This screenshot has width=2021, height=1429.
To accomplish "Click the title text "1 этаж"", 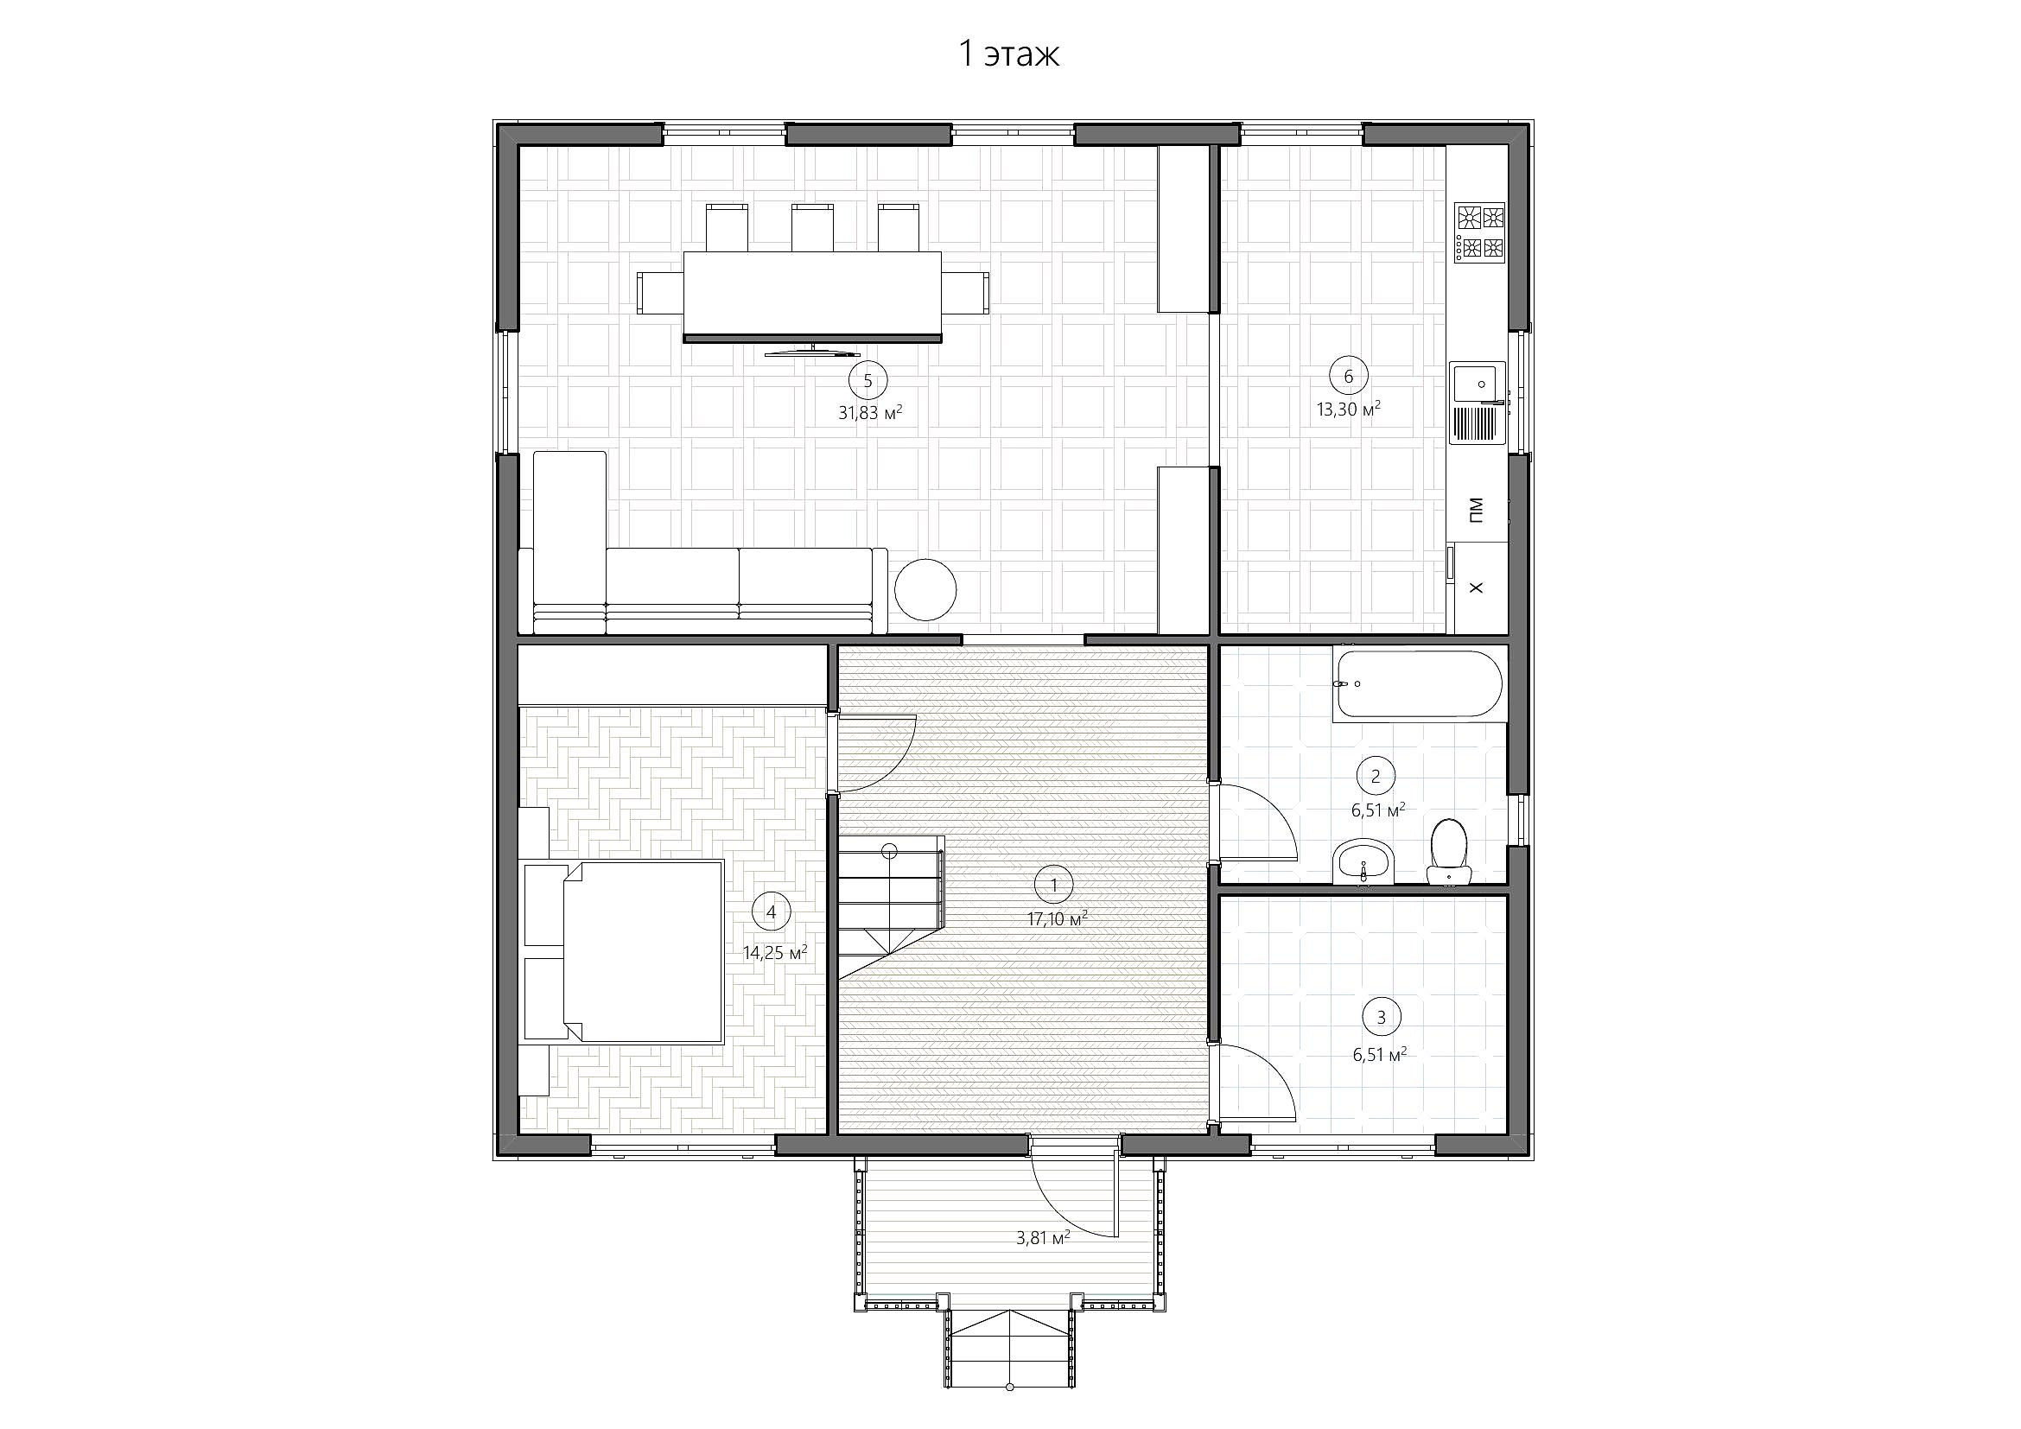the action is pyautogui.click(x=1008, y=54).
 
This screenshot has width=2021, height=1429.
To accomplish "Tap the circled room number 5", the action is pyautogui.click(x=868, y=381).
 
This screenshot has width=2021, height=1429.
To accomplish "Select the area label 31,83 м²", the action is pyautogui.click(x=871, y=413).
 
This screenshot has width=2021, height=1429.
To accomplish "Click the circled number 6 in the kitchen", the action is pyautogui.click(x=1349, y=377).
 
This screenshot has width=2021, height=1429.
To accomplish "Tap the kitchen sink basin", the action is pyautogui.click(x=1477, y=384).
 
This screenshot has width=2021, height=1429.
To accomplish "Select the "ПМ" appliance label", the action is pyautogui.click(x=1476, y=510).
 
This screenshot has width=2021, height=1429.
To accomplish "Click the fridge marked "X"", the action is pyautogui.click(x=1478, y=587).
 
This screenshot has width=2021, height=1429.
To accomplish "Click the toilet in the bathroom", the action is pyautogui.click(x=1449, y=851).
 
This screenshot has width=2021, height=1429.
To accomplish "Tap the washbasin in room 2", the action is pyautogui.click(x=1363, y=861).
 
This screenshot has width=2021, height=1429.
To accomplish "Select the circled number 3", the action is pyautogui.click(x=1381, y=1017).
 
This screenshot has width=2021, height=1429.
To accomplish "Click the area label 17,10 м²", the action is pyautogui.click(x=1057, y=919).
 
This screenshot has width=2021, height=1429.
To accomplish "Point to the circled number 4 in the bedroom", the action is pyautogui.click(x=772, y=912).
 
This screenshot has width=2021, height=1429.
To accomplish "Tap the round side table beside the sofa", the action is pyautogui.click(x=925, y=589).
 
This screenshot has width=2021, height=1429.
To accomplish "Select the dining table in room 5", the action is pyautogui.click(x=812, y=295).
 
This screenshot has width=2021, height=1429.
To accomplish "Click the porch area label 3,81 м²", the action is pyautogui.click(x=1043, y=1238).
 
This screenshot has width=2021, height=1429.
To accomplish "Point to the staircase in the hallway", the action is pyautogui.click(x=890, y=906).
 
